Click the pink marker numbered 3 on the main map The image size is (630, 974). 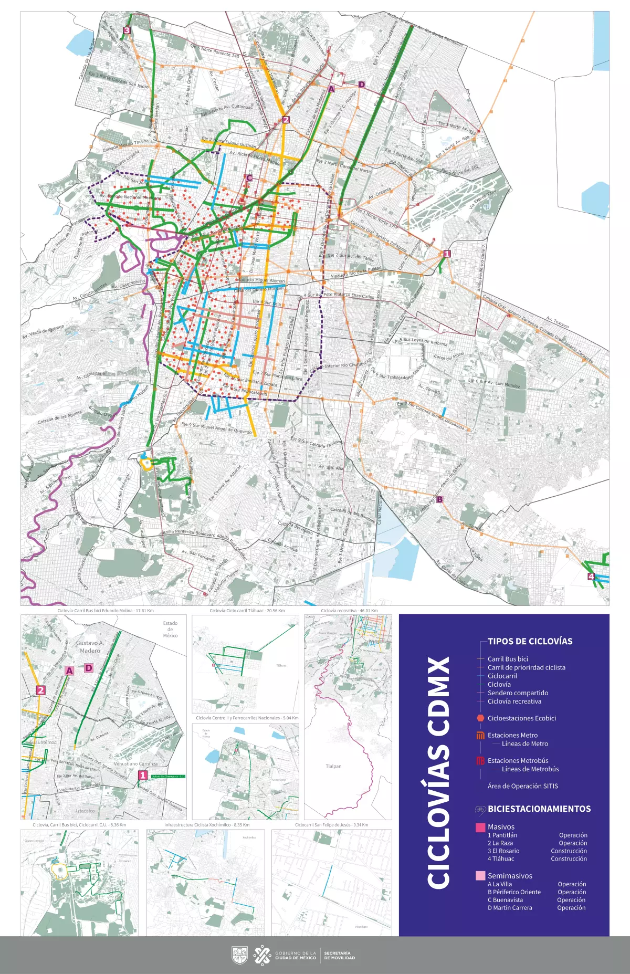point(127,30)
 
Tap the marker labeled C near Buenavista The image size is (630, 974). point(249,178)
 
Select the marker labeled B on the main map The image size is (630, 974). point(439,499)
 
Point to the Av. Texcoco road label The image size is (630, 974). point(557,322)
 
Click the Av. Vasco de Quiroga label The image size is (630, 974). point(43,331)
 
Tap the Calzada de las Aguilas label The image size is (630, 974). point(59,418)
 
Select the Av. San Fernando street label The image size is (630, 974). point(198,556)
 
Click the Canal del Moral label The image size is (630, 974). point(448,357)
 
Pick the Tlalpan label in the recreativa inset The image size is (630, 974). point(333,766)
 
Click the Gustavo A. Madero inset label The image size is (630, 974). point(90,646)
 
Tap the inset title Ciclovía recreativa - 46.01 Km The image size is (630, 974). point(349,611)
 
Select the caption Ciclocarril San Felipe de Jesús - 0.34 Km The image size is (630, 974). point(331,825)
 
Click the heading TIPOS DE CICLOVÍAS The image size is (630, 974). point(530,641)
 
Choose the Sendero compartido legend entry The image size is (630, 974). point(518,693)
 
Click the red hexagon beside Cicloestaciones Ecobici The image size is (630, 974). point(480,718)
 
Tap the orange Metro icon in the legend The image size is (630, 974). point(480,735)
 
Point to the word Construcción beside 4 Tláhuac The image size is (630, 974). point(569,858)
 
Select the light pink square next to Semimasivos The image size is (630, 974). point(480,875)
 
